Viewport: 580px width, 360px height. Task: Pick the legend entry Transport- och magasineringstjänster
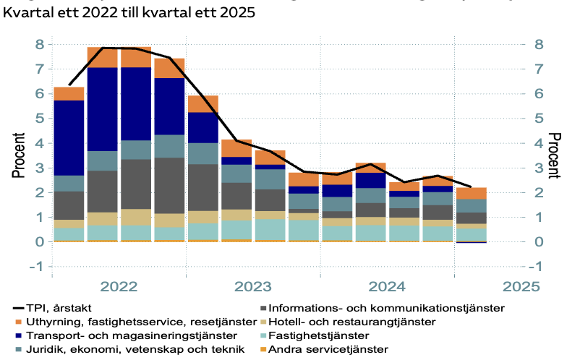click(130, 336)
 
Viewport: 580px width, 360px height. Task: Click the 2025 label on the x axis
click(520, 286)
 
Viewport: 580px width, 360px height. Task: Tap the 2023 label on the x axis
click(253, 286)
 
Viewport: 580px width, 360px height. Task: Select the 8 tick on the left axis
click(40, 45)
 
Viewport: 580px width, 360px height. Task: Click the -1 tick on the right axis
click(540, 267)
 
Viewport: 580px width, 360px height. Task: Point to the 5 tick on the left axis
click(40, 119)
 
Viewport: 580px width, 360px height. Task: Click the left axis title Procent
click(17, 155)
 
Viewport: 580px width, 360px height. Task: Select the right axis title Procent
click(555, 155)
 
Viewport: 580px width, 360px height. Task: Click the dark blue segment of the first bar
click(69, 137)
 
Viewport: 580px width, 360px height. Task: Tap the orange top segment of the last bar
click(471, 193)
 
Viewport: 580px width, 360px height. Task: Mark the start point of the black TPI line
click(69, 85)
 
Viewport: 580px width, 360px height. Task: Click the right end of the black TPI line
click(471, 187)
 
